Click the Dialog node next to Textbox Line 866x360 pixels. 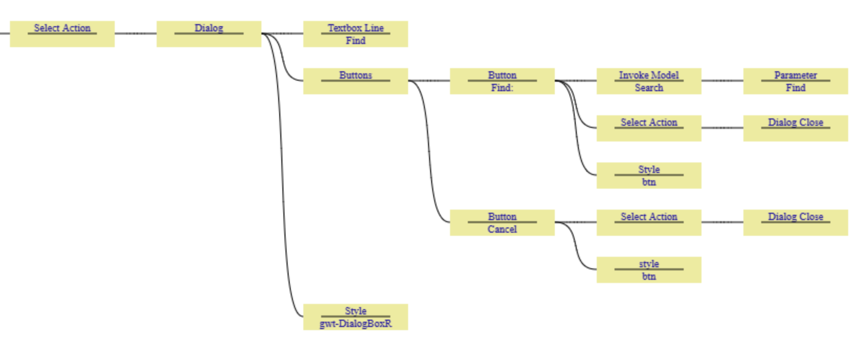(209, 34)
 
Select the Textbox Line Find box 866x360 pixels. (355, 34)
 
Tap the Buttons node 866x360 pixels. (355, 81)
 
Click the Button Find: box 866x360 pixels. (502, 81)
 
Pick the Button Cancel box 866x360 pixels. (502, 222)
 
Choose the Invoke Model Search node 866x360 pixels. (649, 81)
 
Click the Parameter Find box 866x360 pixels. (795, 81)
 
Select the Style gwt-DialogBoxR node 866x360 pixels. (355, 317)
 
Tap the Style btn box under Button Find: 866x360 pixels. (649, 175)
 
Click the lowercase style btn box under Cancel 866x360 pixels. (649, 269)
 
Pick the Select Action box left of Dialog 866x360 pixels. (62, 34)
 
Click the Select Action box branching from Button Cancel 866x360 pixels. (649, 222)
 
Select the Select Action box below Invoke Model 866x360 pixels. (649, 128)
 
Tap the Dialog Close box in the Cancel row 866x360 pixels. (795, 222)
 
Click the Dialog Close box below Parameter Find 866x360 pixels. (795, 128)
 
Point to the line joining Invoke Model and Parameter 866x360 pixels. (722, 81)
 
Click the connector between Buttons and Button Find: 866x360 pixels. (429, 81)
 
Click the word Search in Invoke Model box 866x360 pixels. (649, 88)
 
